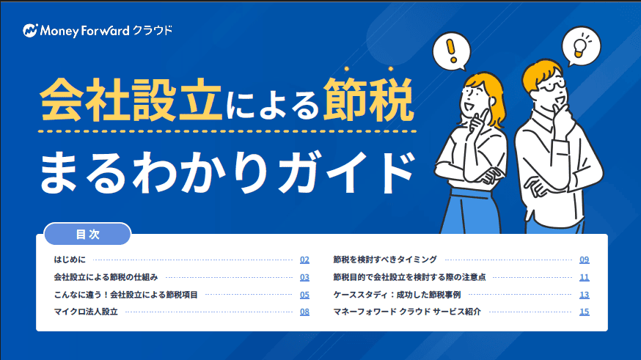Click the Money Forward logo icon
[30, 31]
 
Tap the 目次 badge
[87, 235]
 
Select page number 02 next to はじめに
[304, 260]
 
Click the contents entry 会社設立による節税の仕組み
[106, 277]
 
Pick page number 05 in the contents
[304, 295]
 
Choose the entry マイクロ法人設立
[86, 312]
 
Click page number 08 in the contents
[304, 312]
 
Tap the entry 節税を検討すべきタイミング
[385, 260]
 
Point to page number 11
[585, 277]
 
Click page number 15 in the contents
[585, 312]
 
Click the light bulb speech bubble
[580, 46]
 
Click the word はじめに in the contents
[70, 260]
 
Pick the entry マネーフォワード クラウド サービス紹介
[407, 312]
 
